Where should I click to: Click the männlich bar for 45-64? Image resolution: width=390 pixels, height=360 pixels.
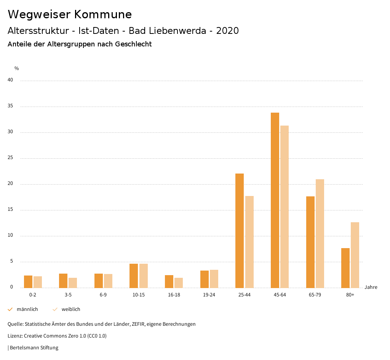(x=275, y=200)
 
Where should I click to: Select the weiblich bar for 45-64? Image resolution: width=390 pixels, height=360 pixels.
(x=285, y=207)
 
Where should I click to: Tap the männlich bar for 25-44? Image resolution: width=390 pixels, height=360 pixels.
(x=240, y=231)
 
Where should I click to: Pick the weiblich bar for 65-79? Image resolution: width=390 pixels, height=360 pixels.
(x=320, y=233)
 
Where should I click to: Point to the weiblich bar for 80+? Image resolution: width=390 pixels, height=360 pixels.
(x=355, y=255)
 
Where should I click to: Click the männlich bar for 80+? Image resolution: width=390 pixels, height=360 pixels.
(x=345, y=268)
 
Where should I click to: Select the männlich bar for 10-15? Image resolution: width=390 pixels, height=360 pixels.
(x=134, y=276)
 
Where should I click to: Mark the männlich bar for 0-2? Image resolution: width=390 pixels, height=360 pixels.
(x=28, y=282)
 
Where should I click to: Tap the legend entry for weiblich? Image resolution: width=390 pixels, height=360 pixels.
(x=71, y=309)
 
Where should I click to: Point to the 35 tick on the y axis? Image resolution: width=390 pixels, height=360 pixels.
(x=10, y=106)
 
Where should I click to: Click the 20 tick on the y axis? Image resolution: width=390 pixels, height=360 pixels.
(x=10, y=184)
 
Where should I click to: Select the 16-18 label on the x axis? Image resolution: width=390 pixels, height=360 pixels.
(x=174, y=295)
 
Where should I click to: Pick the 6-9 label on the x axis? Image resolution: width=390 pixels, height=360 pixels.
(x=103, y=295)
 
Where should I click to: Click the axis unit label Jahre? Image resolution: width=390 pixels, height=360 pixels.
(x=371, y=287)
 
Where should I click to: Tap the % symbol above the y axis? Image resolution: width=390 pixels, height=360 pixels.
(x=17, y=68)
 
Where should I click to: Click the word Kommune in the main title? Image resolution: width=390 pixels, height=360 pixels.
(x=103, y=14)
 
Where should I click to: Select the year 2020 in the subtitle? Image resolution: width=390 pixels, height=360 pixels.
(x=227, y=31)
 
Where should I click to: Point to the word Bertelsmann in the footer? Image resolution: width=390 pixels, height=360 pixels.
(x=24, y=348)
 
